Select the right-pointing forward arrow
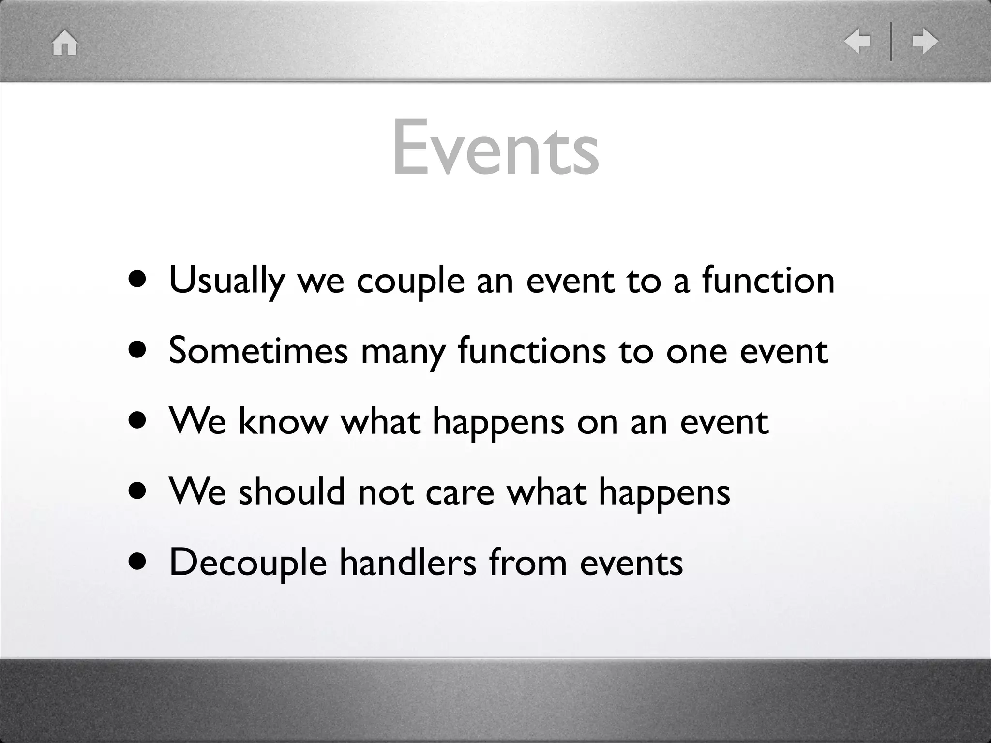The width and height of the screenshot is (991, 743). tap(925, 41)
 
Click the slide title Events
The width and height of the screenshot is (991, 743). tap(495, 148)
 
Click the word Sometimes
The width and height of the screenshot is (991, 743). tap(258, 351)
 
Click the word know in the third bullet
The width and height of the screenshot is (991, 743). tap(283, 421)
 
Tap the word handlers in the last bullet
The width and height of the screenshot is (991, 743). tap(408, 563)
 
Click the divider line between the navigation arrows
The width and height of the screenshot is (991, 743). tap(891, 41)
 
